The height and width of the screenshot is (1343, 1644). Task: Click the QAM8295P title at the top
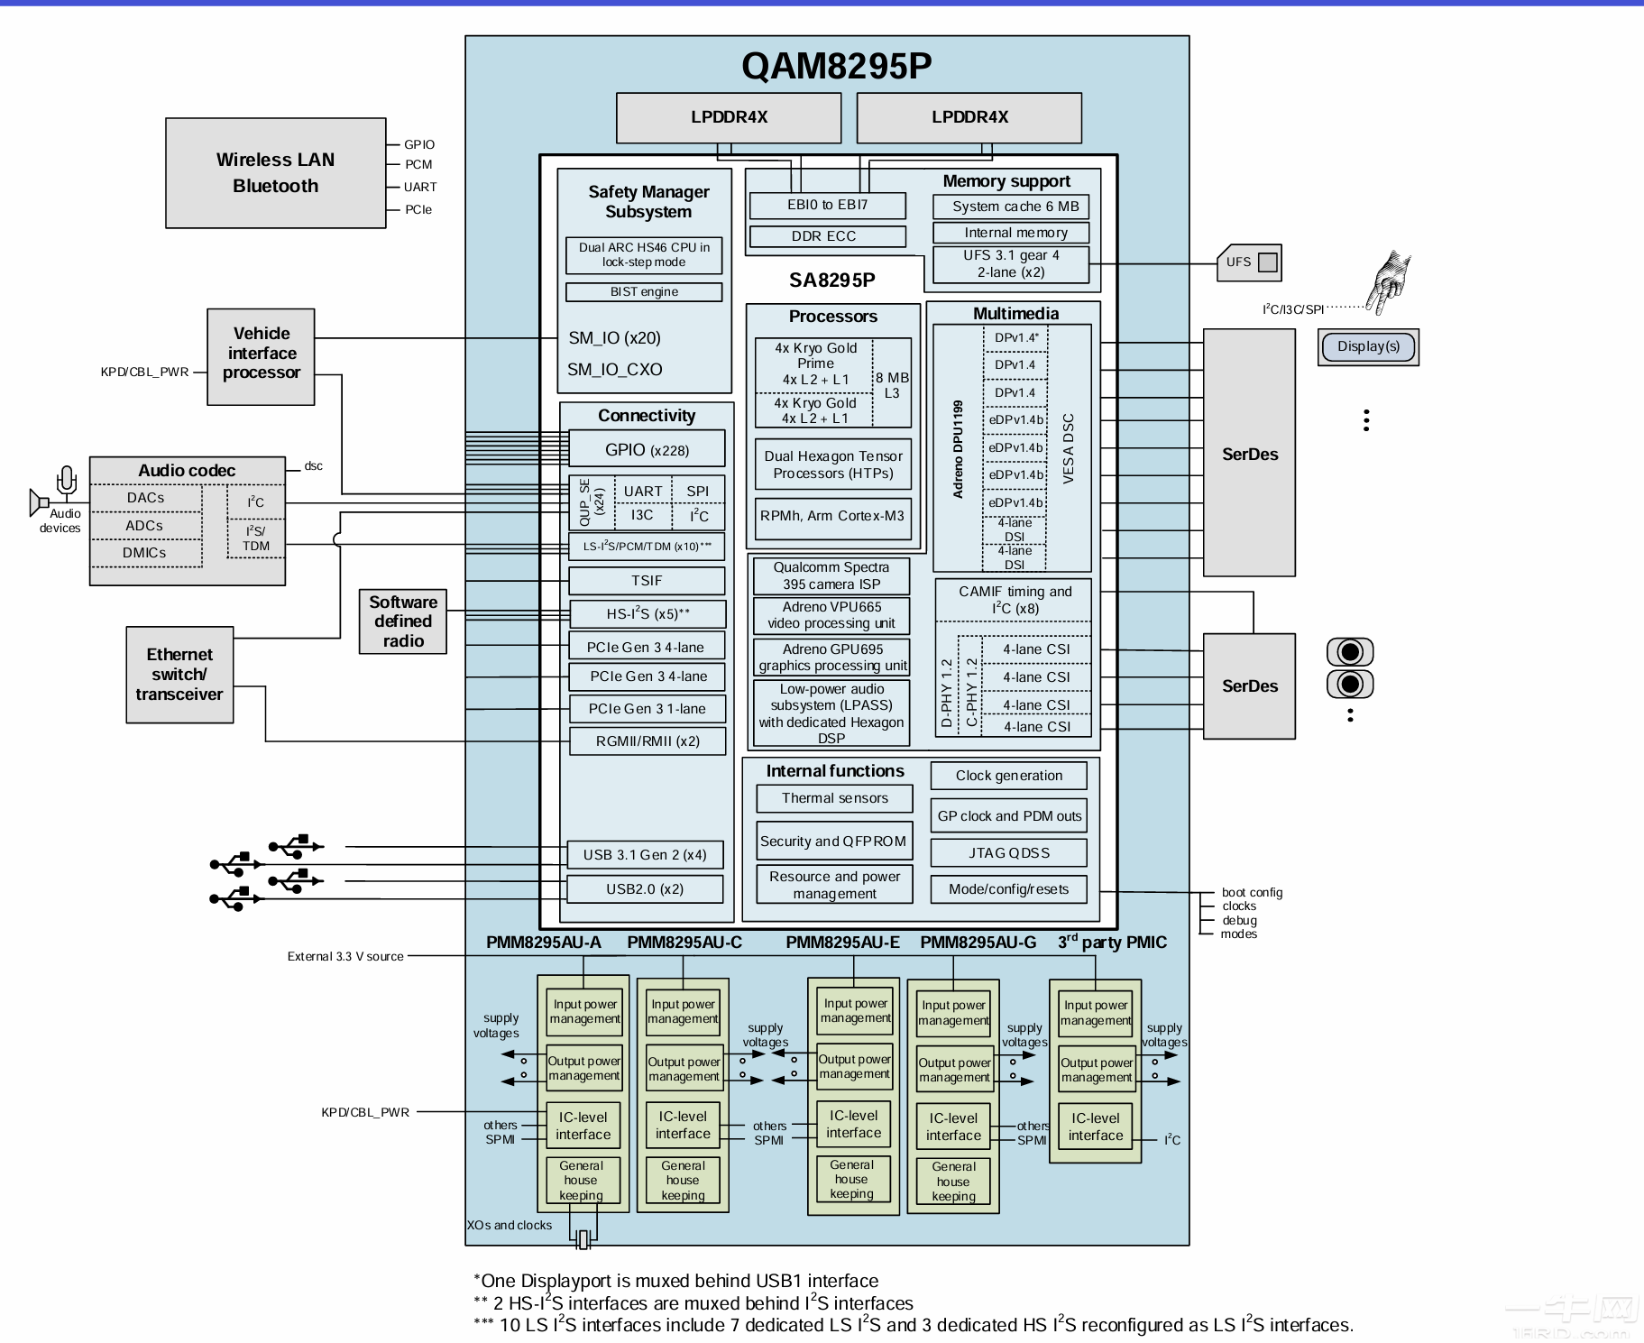(836, 66)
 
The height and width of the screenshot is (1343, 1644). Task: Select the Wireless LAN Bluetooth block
(275, 172)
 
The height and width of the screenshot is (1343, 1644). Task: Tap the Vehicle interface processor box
(262, 354)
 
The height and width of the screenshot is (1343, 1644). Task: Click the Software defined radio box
(403, 621)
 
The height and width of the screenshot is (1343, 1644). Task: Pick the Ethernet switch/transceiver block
(179, 675)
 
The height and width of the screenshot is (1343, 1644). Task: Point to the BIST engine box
(644, 292)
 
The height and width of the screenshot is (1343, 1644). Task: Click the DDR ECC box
(824, 236)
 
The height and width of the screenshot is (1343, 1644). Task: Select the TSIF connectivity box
(647, 581)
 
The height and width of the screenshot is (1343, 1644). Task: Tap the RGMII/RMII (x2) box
(647, 741)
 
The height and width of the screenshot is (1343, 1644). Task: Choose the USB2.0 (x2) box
(645, 889)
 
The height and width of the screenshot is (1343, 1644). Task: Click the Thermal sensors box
(834, 798)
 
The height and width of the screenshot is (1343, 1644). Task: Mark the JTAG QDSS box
(1009, 853)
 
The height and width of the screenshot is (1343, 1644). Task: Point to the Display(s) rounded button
(1368, 346)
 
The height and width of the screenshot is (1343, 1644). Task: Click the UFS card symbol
(1249, 262)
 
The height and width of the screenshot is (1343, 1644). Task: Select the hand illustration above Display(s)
(1388, 281)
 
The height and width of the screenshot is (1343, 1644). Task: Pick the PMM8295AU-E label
(842, 943)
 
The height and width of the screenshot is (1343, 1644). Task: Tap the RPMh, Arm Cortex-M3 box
(832, 517)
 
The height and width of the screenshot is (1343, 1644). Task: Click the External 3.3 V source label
(345, 957)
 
